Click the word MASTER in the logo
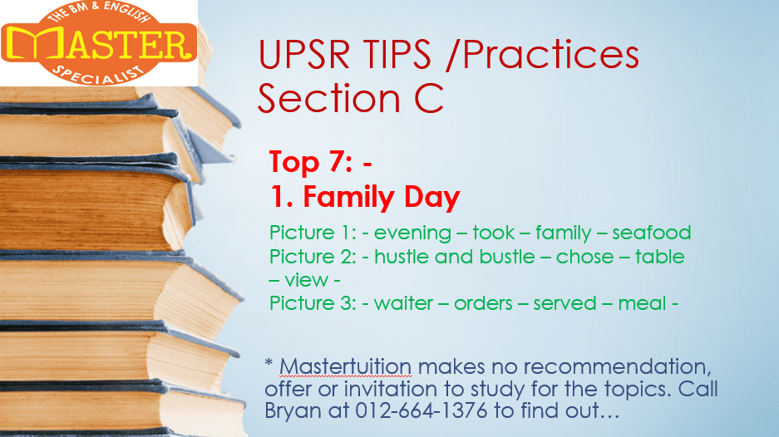click(99, 43)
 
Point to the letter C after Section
click(428, 98)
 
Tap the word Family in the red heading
click(348, 197)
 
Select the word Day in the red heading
click(432, 197)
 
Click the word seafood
click(651, 233)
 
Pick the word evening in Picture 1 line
click(412, 233)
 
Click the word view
click(307, 280)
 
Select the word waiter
click(403, 303)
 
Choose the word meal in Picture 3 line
click(642, 303)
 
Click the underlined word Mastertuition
click(345, 367)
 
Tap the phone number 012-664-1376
click(422, 410)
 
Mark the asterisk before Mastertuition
click(269, 363)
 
